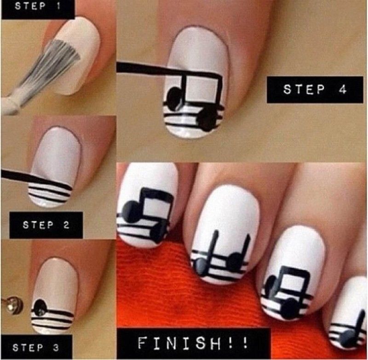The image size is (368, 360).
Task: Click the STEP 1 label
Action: click(37, 6)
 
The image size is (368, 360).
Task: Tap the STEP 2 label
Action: click(46, 225)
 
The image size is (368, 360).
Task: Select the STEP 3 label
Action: click(36, 348)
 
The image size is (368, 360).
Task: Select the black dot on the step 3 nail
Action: click(40, 307)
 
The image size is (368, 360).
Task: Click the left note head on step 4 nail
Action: click(175, 99)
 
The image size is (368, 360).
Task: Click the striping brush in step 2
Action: click(35, 179)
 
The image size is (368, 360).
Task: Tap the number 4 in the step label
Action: click(342, 89)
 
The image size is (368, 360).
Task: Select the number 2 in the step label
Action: click(66, 225)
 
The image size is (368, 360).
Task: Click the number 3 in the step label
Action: click(56, 348)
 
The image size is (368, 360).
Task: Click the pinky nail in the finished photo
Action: click(347, 315)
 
